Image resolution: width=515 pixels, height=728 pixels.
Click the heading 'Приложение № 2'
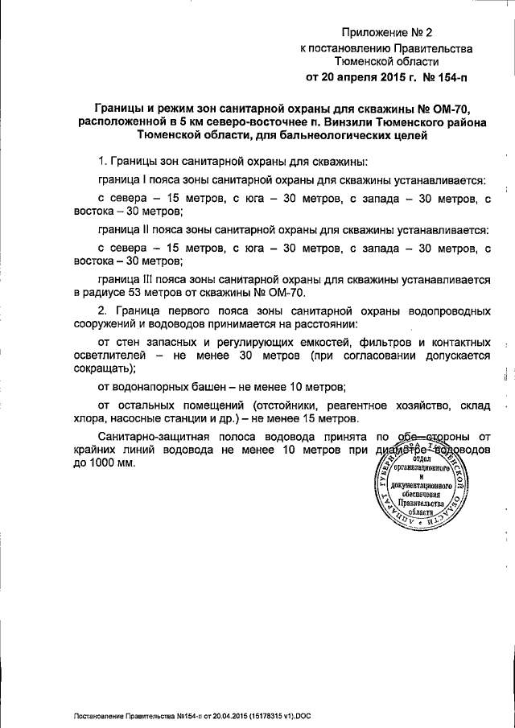coord(387,33)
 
